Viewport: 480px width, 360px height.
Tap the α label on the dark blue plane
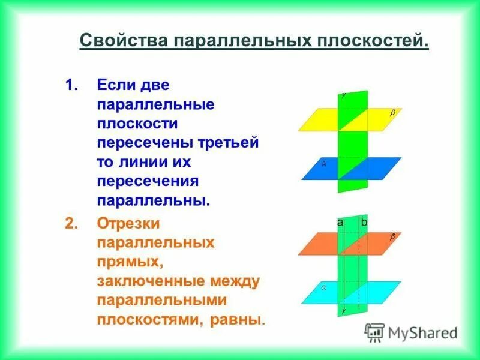[322, 162]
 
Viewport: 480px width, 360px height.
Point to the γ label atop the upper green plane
[344, 94]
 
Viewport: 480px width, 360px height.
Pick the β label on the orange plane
[393, 237]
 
